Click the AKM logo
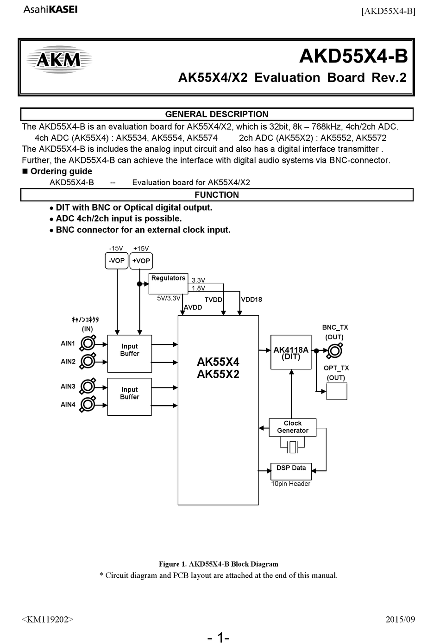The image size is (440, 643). pos(59,60)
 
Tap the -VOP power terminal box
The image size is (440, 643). pos(116,261)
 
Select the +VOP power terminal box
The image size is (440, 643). pos(141,261)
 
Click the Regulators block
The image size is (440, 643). pos(168,284)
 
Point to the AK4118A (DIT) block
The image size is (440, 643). pos(291,352)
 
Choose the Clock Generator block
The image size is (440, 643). pos(293,427)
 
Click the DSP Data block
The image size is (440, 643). pos(291,471)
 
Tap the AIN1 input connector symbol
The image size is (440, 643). pos(88,343)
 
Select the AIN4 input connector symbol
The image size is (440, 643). pos(88,405)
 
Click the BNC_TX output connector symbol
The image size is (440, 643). pos(335,350)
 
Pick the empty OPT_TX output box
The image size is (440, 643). pos(337,391)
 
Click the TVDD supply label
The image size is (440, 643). pos(214,300)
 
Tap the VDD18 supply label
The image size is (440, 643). pos(251,300)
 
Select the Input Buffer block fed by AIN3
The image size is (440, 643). pos(130,397)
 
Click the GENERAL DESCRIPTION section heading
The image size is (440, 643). pos(217,114)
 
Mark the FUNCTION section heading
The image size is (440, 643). pos(217,195)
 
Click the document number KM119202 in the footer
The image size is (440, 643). pos(47,619)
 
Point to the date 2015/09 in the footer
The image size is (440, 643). pos(400,619)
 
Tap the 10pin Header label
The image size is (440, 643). pos(291,484)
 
